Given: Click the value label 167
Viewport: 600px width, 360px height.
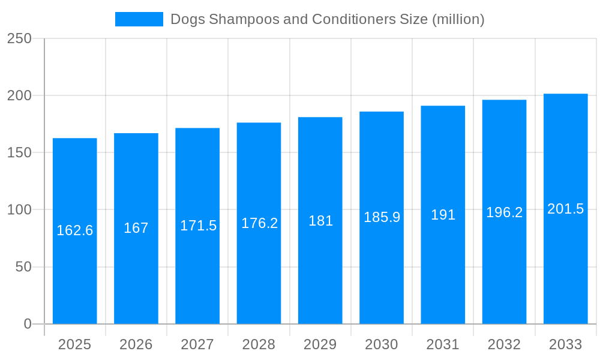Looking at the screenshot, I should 136,228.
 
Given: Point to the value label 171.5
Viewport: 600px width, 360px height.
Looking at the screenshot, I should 198,226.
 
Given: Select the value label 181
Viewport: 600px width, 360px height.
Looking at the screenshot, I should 320,221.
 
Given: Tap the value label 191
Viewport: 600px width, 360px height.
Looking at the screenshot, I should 443,215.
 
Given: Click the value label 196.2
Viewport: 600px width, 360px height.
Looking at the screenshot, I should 504,212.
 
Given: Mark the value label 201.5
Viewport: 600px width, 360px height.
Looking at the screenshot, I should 565,209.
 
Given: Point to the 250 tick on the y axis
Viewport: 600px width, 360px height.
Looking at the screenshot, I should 19,38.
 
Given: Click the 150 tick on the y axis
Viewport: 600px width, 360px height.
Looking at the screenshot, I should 19,152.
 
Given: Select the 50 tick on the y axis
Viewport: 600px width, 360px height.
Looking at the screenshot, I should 23,266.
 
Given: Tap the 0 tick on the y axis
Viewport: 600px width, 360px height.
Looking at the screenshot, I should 28,324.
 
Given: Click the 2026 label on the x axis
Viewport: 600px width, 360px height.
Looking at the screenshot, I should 136,344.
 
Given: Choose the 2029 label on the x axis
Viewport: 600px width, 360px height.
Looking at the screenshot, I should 320,344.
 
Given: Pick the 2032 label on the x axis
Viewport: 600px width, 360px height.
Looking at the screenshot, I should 504,344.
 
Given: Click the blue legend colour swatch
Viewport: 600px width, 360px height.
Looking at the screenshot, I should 139,19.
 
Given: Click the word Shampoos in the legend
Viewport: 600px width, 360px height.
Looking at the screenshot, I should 240,19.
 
